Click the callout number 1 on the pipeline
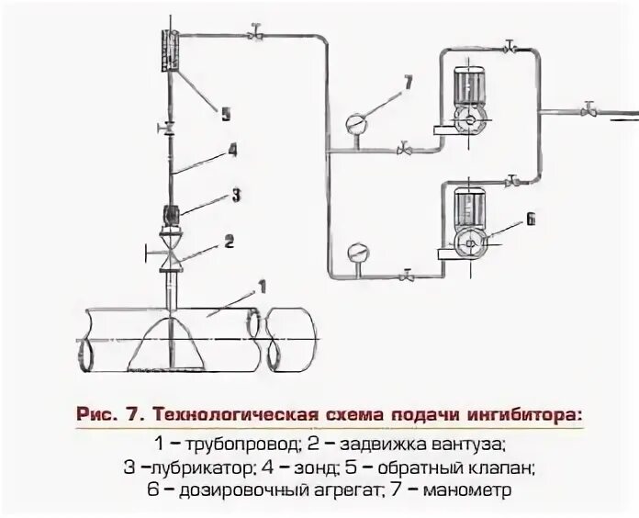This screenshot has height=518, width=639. tap(263, 287)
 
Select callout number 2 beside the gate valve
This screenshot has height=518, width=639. tap(230, 242)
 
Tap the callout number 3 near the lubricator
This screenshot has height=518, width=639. tap(236, 195)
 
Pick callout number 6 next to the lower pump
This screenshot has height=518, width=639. tap(531, 220)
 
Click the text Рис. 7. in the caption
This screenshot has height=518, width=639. tap(109, 414)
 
